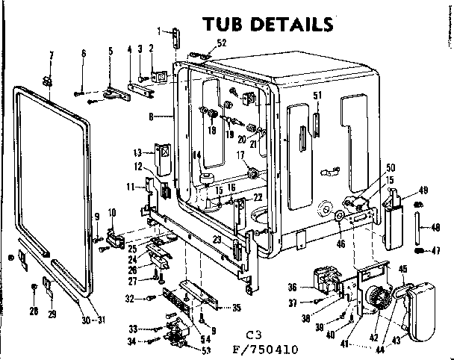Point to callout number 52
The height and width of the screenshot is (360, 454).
[x=221, y=43]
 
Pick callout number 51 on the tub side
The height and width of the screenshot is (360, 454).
[x=317, y=95]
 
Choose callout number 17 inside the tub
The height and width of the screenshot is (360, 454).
[x=241, y=155]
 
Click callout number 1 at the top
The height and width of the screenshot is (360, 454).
[x=159, y=30]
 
